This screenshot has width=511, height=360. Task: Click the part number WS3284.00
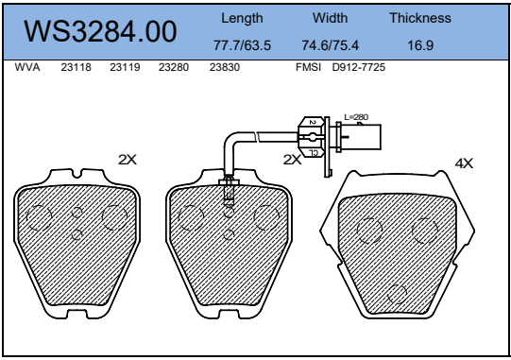tap(100, 31)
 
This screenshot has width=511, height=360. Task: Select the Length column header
tap(242, 18)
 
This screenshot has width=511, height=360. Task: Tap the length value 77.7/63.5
tap(242, 45)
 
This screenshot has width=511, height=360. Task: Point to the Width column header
tap(331, 18)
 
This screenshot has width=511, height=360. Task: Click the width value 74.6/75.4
tap(331, 45)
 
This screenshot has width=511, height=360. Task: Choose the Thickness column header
tap(420, 18)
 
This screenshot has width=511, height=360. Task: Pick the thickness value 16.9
tap(420, 45)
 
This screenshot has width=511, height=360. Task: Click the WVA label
tap(27, 67)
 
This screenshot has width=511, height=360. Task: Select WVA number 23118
tap(76, 67)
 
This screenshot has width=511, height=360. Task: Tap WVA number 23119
tap(125, 67)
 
